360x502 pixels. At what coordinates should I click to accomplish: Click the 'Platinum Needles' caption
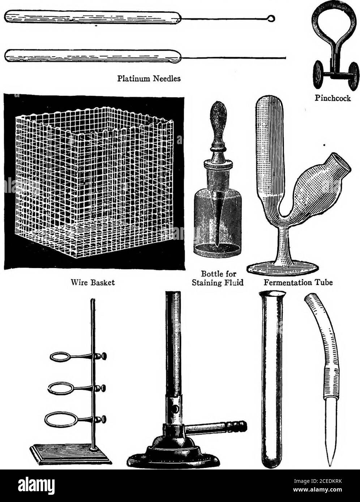click(149, 78)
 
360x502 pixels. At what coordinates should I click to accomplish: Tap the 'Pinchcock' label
click(333, 99)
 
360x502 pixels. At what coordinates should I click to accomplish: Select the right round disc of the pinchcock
click(353, 77)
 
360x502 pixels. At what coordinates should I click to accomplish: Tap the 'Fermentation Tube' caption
click(298, 282)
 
